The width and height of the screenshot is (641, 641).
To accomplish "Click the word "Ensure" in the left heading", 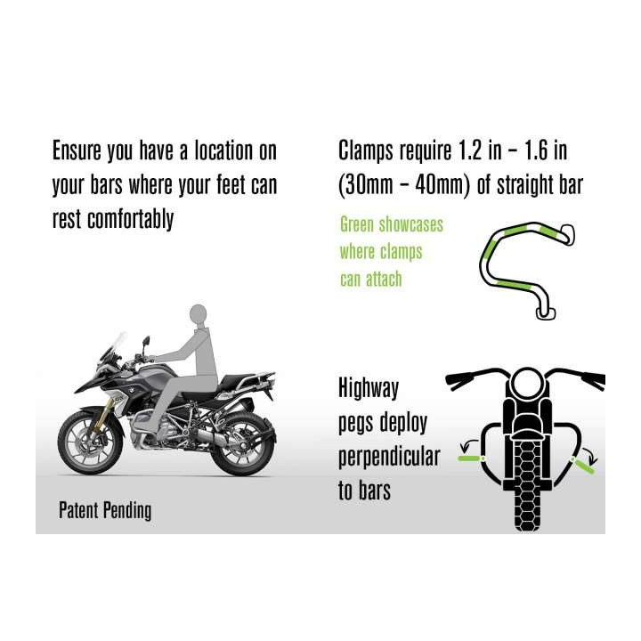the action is click(77, 150).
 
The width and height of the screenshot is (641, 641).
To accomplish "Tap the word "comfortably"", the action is click(130, 220).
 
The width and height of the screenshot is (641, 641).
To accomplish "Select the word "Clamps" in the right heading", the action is click(366, 151).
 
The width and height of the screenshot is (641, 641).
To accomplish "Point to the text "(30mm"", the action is click(366, 185).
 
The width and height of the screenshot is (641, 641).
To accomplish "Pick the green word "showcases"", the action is click(410, 224).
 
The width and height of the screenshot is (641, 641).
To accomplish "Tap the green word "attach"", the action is click(384, 280).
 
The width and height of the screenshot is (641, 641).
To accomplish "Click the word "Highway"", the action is click(369, 388).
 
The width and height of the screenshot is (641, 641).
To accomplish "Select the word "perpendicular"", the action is click(389, 457).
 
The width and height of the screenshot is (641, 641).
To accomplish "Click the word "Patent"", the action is click(78, 510).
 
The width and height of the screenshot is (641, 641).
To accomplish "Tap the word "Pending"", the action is click(127, 511).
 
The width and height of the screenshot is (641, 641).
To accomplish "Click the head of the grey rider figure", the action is click(199, 315).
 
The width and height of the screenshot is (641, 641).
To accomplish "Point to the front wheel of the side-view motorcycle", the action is click(90, 443).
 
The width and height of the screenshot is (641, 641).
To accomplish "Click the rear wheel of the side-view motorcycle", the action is click(243, 444).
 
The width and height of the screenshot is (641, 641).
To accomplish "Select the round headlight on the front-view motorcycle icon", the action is click(528, 383).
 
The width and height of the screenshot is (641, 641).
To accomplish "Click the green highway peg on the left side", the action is click(469, 458).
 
